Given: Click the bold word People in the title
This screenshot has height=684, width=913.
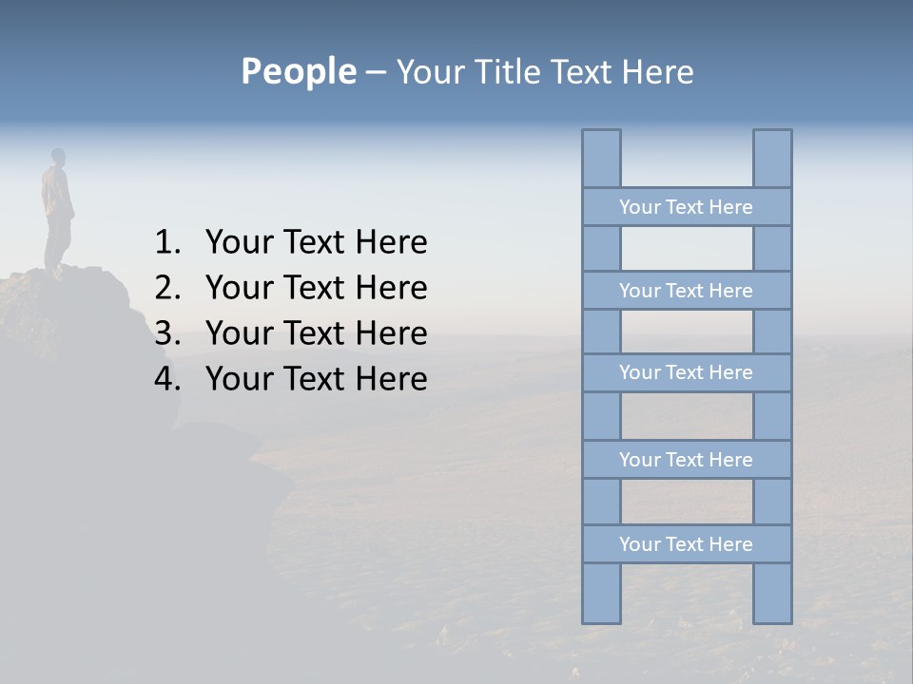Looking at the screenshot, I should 298,72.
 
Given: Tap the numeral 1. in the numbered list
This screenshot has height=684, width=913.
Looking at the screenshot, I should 167,243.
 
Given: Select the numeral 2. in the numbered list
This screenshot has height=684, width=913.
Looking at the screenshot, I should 167,288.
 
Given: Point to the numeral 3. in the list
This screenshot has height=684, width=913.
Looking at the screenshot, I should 167,333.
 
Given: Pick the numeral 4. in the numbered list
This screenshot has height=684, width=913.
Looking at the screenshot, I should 167,379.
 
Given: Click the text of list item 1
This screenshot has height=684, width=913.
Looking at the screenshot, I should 316,243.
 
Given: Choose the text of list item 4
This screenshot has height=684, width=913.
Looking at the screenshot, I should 316,379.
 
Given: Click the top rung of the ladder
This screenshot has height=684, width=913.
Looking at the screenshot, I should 686,207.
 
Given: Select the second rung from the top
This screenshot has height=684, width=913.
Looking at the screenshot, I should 686,291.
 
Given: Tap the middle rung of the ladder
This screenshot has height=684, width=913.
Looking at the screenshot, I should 686,372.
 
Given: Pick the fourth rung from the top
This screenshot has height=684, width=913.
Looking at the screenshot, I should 686,460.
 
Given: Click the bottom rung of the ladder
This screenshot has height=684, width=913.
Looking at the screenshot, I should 686,544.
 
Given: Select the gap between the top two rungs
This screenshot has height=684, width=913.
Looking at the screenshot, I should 687,249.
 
